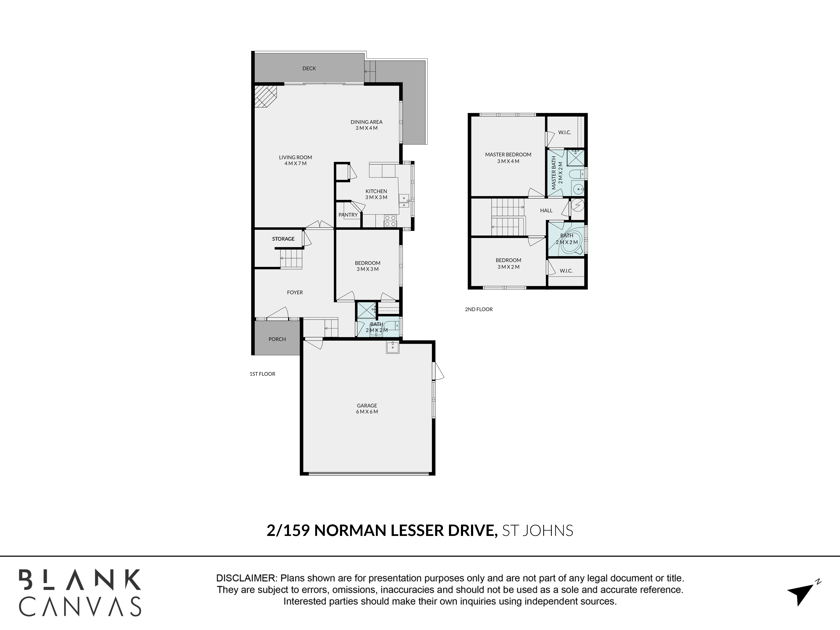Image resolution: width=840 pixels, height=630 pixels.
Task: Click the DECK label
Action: tap(309, 68)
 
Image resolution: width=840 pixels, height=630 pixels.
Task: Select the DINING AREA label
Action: tap(366, 122)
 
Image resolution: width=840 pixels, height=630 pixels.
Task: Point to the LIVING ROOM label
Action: tap(295, 157)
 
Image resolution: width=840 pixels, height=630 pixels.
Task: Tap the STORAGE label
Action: tap(283, 239)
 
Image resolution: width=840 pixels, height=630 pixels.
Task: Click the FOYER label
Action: tap(295, 292)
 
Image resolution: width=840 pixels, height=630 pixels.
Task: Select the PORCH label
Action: tap(277, 339)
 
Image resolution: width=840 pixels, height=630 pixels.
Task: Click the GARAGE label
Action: tap(367, 406)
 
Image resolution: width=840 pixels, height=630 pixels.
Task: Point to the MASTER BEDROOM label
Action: tap(508, 155)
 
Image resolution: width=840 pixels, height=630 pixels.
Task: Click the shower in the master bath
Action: tap(576, 158)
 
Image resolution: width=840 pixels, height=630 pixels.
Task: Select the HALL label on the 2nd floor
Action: tap(546, 210)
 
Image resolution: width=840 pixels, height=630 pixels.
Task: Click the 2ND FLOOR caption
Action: tap(479, 310)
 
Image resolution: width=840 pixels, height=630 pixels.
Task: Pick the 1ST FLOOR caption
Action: tap(262, 374)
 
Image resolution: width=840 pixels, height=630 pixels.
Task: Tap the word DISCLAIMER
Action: tap(246, 578)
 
